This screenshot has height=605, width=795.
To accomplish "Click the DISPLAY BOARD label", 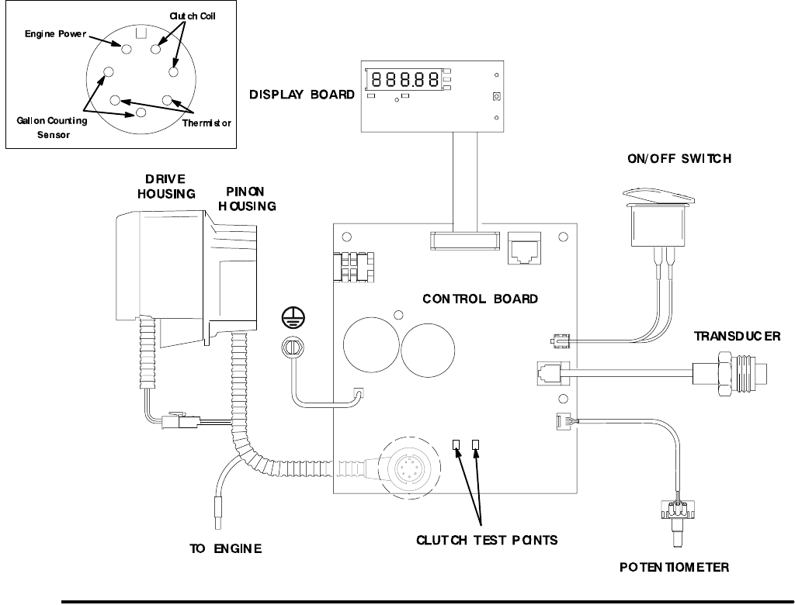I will pos(301,95).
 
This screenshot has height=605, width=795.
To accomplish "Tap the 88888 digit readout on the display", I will pos(403,79).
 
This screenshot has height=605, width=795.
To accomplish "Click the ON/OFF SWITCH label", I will pos(679,159).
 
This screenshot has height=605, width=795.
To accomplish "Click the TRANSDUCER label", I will pos(737,336).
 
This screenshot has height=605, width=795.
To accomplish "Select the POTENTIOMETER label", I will pos(674,567).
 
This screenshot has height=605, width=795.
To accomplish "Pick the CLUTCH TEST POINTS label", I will pos(488,539).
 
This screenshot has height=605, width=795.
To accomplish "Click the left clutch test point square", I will pos(457,444).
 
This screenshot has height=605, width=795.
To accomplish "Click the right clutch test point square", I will pos(477,444).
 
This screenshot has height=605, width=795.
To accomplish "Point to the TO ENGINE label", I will pos(226,548).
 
